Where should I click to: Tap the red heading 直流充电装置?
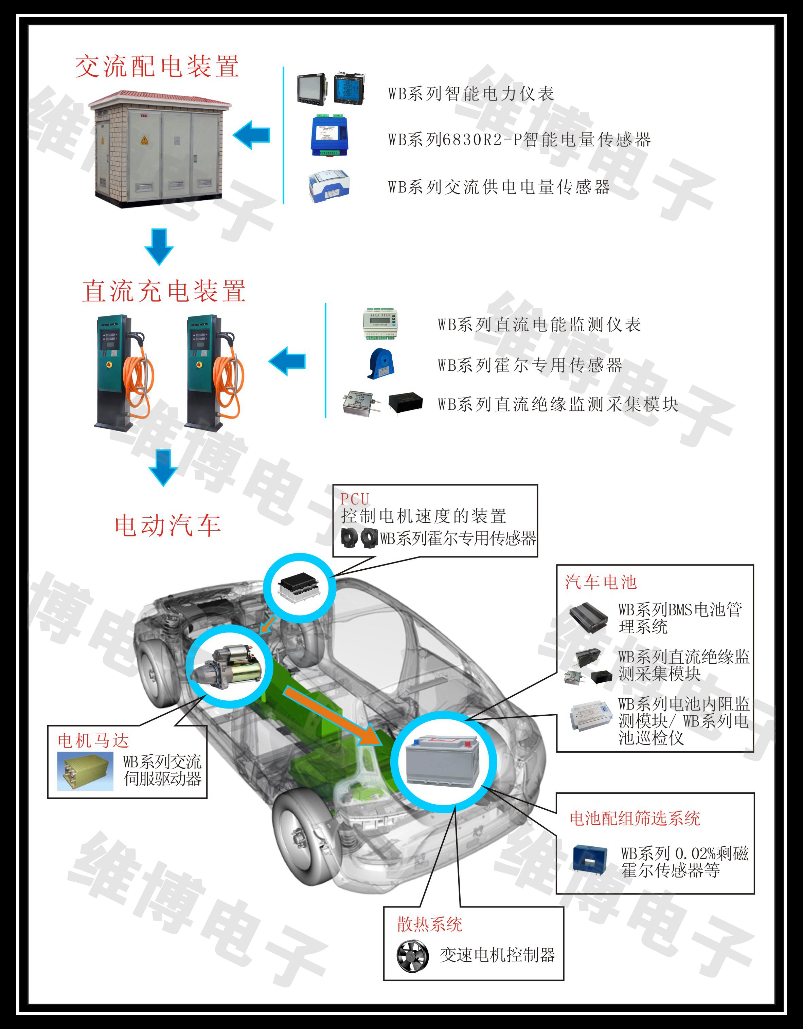164,291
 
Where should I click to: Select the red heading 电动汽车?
168,525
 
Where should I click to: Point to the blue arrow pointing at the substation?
251,135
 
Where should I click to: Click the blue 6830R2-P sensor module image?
329,135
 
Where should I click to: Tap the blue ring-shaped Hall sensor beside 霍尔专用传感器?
381,363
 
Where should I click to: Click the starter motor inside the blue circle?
226,665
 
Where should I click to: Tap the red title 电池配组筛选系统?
635,819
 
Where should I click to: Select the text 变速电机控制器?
497,955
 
